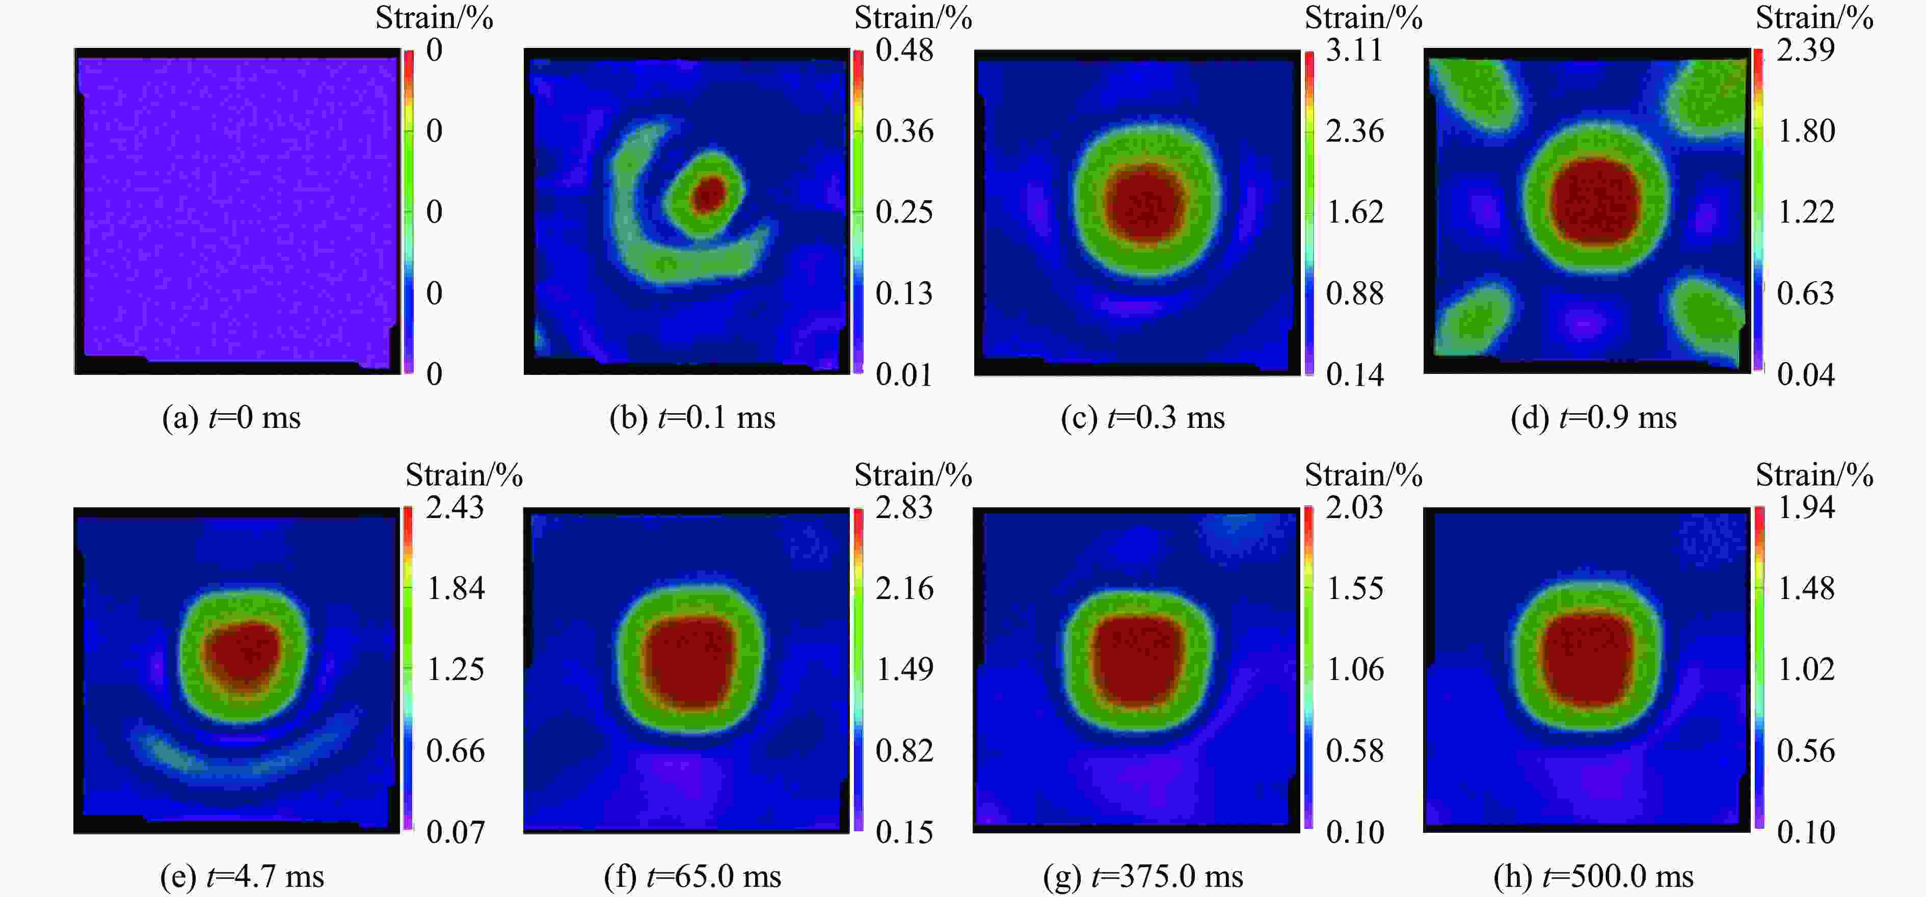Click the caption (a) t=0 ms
pos(231,417)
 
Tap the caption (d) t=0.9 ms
pos(1593,417)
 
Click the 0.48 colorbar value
pos(904,50)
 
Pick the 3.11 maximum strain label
pos(1354,50)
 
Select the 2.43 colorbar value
pos(454,507)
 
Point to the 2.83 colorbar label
pos(904,507)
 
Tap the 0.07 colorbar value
pos(454,831)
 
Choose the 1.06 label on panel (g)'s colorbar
pos(1354,669)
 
